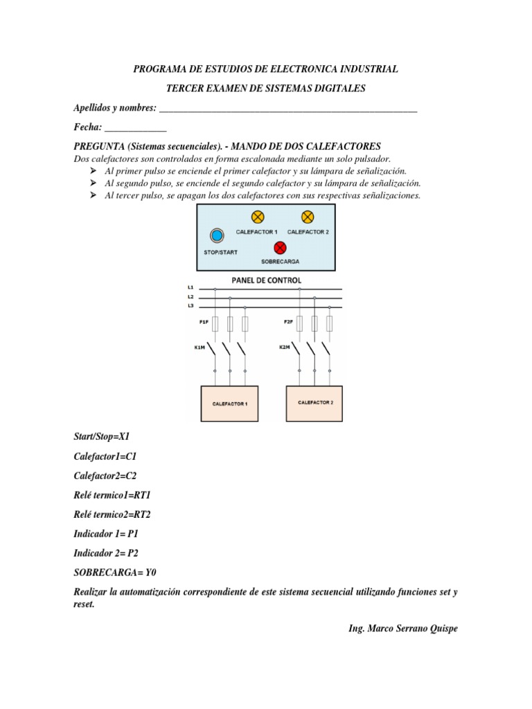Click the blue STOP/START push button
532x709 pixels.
(217, 235)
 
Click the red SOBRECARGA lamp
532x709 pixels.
(280, 247)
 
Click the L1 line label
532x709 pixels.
(190, 287)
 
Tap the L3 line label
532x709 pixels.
(190, 305)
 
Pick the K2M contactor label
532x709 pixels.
(284, 348)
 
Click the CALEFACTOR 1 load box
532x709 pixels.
(229, 404)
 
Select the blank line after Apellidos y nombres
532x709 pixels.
(287, 109)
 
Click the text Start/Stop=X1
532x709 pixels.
(102, 437)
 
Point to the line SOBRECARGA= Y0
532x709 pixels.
(114, 573)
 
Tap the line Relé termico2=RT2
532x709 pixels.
(112, 514)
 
